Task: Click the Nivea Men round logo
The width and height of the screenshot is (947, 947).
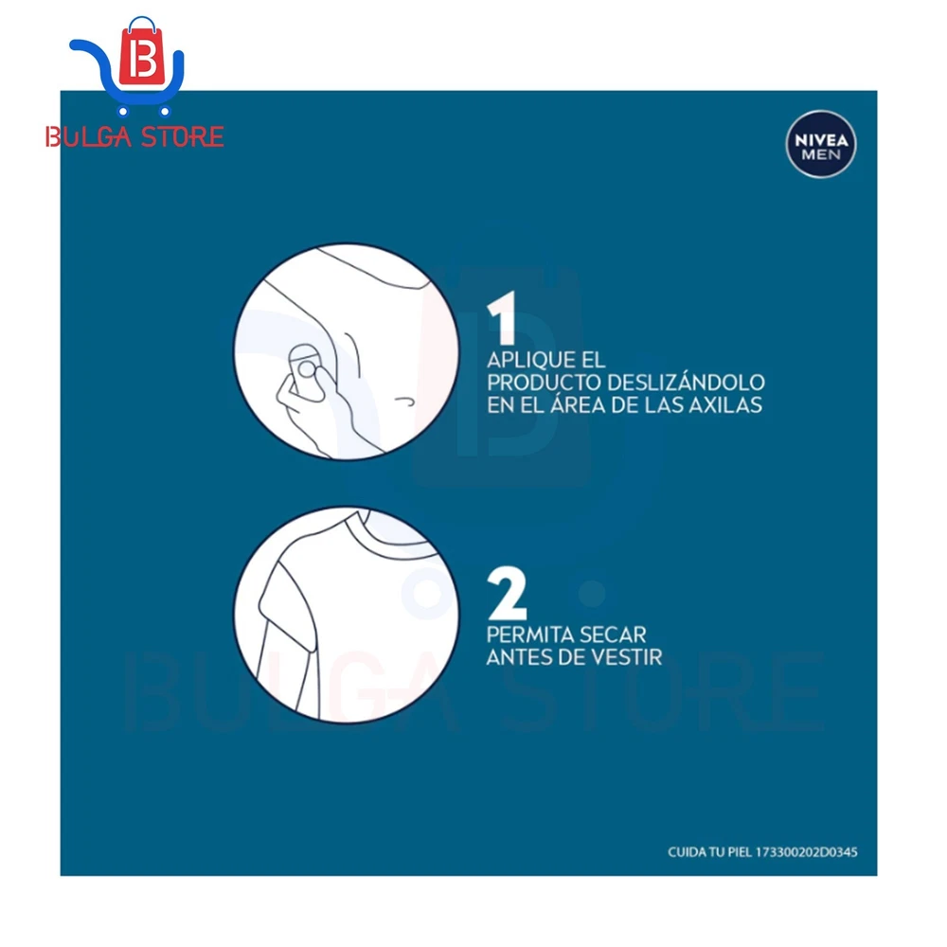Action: [x=821, y=144]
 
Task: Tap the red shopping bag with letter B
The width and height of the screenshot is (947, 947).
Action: [x=142, y=52]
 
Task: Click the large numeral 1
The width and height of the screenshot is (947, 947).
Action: [x=502, y=317]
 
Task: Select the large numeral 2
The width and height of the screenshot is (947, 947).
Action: [x=507, y=593]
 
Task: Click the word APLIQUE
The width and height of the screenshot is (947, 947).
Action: [x=530, y=360]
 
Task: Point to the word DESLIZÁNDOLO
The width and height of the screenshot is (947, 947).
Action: [x=686, y=383]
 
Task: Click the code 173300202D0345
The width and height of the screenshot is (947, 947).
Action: [x=806, y=852]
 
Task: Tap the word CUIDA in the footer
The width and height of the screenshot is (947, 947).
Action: [x=687, y=852]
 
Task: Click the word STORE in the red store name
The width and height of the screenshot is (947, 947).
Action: [x=182, y=137]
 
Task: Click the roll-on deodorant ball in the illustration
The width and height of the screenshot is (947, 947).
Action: [x=307, y=368]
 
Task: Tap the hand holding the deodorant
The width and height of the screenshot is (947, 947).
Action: [x=314, y=411]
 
